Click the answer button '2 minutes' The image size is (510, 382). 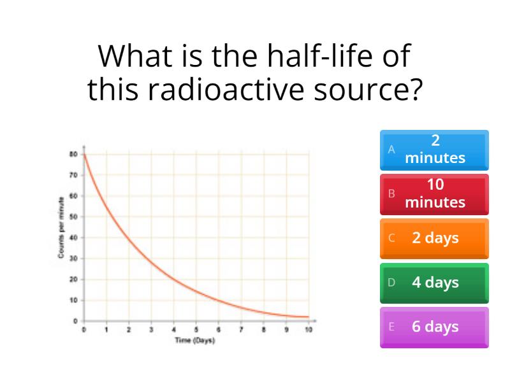[x=434, y=150]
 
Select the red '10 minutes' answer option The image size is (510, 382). [x=434, y=194]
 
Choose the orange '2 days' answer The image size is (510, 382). [x=434, y=238]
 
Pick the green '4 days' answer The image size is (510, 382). [x=434, y=283]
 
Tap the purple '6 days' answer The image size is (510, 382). [x=434, y=327]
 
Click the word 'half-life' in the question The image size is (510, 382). [x=320, y=55]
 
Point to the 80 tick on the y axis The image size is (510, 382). [x=73, y=154]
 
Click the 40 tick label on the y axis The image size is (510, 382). [x=73, y=237]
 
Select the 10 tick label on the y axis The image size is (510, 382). [x=73, y=300]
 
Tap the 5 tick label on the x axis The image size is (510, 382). [x=196, y=330]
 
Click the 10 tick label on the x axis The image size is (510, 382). [x=309, y=330]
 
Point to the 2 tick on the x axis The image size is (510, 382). [x=129, y=330]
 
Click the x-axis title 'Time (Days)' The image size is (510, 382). [x=195, y=340]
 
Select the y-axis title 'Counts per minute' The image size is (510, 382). [x=61, y=228]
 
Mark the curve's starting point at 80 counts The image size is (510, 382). [x=84, y=154]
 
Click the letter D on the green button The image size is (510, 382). [x=391, y=283]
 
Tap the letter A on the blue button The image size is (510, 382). [x=391, y=150]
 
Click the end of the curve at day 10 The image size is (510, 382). [x=309, y=316]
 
